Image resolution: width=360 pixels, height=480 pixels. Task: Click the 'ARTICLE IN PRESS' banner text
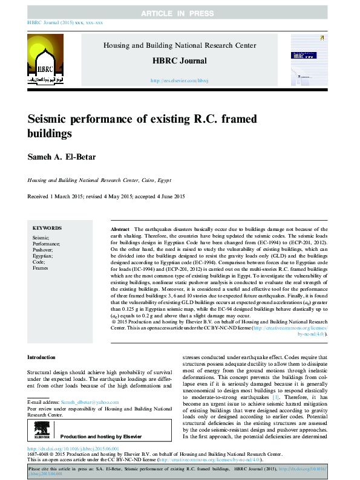[180, 13]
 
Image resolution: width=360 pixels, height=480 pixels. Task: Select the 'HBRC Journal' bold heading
[180, 60]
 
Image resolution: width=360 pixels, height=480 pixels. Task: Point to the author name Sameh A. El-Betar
[65, 158]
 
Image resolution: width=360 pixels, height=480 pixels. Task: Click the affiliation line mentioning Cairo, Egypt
[99, 180]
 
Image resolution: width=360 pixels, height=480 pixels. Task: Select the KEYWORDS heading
[47, 228]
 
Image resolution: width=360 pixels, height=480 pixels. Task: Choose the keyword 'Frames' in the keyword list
[41, 268]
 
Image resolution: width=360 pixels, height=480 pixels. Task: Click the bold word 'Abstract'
[120, 230]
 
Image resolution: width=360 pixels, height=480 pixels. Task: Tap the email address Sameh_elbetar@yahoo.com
[90, 402]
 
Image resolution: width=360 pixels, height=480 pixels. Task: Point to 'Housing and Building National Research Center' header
[180, 45]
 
